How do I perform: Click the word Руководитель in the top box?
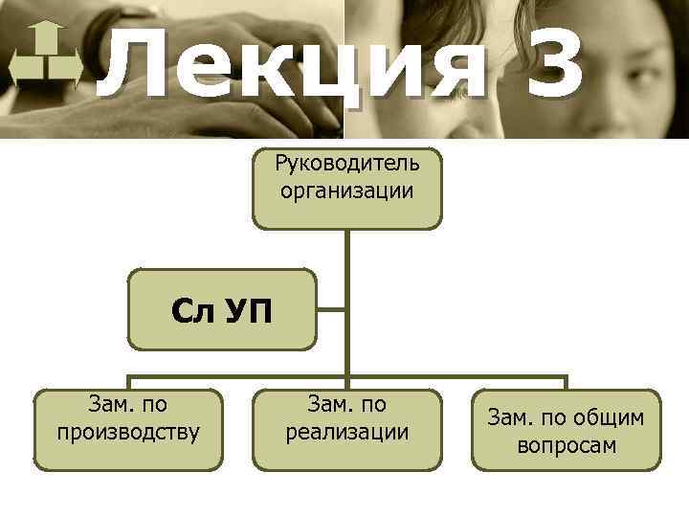pyautogui.click(x=347, y=165)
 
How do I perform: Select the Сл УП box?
pyautogui.click(x=222, y=309)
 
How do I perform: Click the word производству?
pyautogui.click(x=128, y=433)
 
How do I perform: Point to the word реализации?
pyautogui.click(x=347, y=433)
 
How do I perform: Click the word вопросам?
pyautogui.click(x=567, y=445)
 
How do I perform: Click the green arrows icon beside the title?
pyautogui.click(x=45, y=60)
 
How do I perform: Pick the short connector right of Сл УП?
pyautogui.click(x=332, y=309)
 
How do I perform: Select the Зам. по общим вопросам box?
pyautogui.click(x=567, y=429)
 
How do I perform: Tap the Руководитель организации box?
pyautogui.click(x=347, y=188)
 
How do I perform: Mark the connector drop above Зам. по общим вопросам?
pyautogui.click(x=566, y=382)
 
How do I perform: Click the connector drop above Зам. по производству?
pyautogui.click(x=129, y=382)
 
